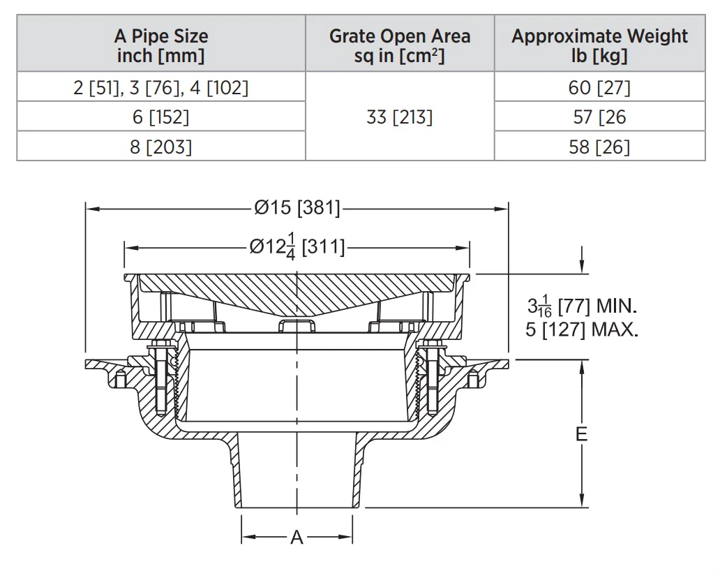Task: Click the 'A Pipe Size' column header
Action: [x=161, y=45]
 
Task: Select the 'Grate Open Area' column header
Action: [x=400, y=45]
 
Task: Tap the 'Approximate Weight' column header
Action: [x=600, y=45]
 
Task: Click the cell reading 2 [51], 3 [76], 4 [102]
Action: [x=160, y=87]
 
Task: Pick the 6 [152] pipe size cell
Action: [x=160, y=117]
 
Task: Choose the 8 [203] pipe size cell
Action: [x=160, y=147]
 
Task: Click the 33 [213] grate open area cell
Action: [x=400, y=117]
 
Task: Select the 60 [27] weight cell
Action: [x=600, y=87]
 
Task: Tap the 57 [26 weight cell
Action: [x=600, y=117]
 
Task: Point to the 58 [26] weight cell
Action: [x=600, y=147]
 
